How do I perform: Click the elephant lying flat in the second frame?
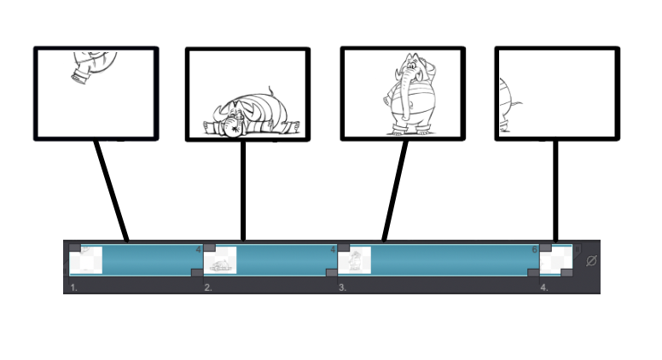click(x=247, y=114)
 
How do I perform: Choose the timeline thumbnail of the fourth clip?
click(x=556, y=259)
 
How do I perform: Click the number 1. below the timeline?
click(x=74, y=288)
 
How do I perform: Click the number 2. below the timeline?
click(x=207, y=288)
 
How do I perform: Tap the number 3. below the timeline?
click(x=342, y=288)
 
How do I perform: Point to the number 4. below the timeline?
click(x=543, y=288)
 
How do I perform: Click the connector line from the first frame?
click(x=112, y=189)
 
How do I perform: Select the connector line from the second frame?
click(x=244, y=189)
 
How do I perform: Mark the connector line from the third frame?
click(x=394, y=189)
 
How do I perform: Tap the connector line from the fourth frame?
click(x=556, y=189)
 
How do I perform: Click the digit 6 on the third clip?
click(x=535, y=250)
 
